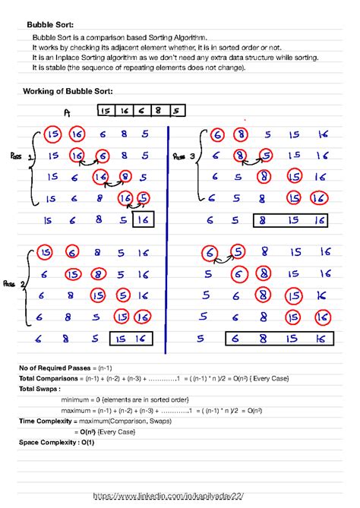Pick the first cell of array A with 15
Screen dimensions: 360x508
pos(106,111)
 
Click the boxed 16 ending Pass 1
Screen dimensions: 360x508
pos(144,220)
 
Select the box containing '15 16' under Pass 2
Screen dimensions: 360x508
pos(131,339)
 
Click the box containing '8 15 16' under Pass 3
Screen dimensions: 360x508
pos(289,221)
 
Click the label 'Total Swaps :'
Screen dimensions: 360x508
pos(39,388)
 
